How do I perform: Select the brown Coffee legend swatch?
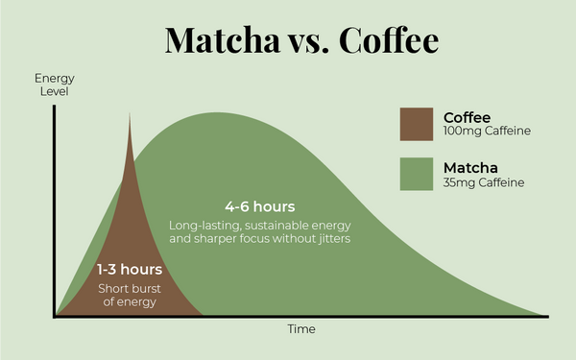pyautogui.click(x=417, y=124)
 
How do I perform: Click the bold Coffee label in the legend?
pyautogui.click(x=468, y=117)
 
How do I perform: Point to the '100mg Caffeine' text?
pyautogui.click(x=487, y=131)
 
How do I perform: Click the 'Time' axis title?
pyautogui.click(x=301, y=329)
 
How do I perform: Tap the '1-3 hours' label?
pyautogui.click(x=130, y=270)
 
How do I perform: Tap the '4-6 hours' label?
pyautogui.click(x=259, y=207)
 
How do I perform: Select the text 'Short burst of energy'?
pyautogui.click(x=129, y=296)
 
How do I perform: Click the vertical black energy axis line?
pyautogui.click(x=56, y=211)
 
